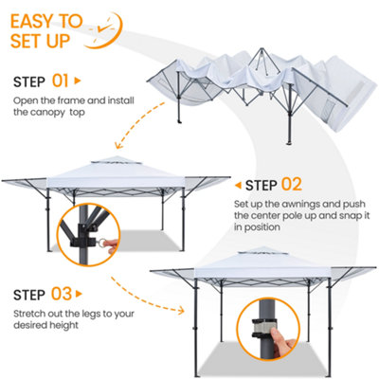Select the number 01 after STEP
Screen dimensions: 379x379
60,81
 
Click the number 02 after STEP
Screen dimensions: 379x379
292,185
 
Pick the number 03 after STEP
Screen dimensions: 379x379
62,294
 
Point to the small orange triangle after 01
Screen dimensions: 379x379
78,81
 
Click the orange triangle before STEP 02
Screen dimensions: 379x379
238,185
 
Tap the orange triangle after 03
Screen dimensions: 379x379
79,295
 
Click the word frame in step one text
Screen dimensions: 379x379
70,100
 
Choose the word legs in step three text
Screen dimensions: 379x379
91,315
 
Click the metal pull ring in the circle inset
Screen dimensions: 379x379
101,244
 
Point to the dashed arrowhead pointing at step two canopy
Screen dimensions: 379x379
119,146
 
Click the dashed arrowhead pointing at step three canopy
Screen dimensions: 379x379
181,311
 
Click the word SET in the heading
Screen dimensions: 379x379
27,41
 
